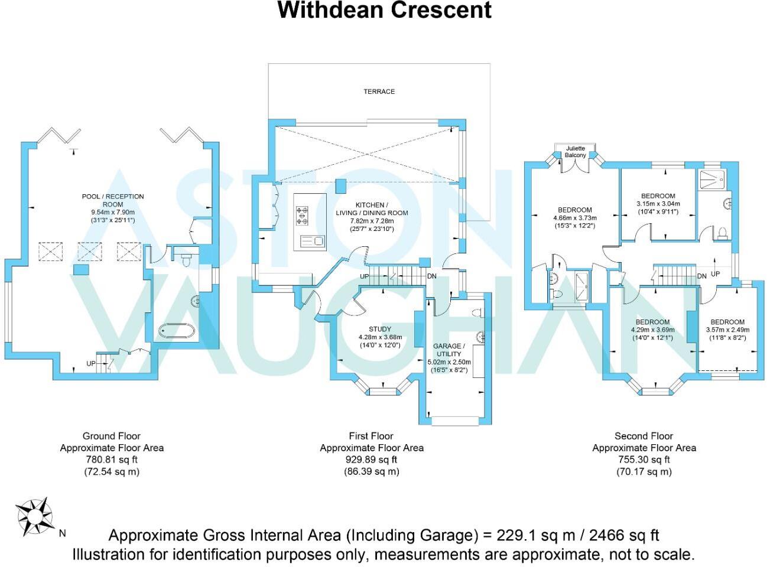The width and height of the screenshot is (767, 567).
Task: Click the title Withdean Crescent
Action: click(384, 11)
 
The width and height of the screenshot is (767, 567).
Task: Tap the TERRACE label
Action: click(379, 92)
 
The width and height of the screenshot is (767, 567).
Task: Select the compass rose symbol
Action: click(34, 515)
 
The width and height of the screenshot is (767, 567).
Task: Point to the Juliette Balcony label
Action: click(576, 152)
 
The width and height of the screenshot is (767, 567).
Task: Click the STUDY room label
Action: click(380, 329)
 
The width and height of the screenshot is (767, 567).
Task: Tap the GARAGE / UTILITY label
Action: click(449, 350)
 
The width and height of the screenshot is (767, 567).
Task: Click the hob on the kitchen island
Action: click(303, 216)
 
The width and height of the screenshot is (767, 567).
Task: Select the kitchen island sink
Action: click(313, 241)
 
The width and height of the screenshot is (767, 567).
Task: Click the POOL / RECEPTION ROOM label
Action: click(113, 200)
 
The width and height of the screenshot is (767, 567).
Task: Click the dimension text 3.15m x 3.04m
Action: click(658, 204)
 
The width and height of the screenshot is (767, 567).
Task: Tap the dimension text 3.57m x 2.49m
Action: click(727, 330)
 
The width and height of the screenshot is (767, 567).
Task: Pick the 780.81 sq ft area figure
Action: click(112, 460)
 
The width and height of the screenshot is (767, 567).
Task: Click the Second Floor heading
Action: click(643, 436)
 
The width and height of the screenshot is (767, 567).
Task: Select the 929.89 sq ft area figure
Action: click(371, 460)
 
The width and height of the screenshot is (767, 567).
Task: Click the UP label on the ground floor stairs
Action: click(90, 363)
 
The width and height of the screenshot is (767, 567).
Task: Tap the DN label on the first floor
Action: click(432, 276)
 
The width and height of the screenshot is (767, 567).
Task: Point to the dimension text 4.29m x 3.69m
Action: click(652, 330)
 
